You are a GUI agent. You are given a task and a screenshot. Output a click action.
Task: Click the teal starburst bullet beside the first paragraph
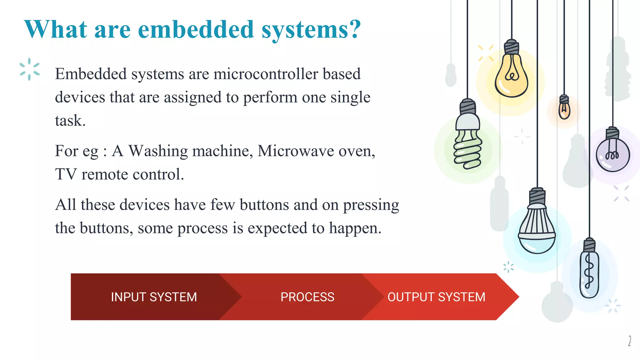[x=29, y=69]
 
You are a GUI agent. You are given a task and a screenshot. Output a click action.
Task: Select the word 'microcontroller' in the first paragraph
[x=266, y=74]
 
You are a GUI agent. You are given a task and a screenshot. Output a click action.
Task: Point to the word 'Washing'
[x=157, y=151]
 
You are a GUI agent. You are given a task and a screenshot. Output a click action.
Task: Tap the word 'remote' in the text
[x=104, y=174]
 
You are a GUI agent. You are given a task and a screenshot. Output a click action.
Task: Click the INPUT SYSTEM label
[x=154, y=297]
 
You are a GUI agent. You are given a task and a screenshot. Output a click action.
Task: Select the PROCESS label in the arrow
[x=307, y=297]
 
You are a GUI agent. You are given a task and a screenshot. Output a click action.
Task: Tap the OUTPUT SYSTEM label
[x=436, y=297]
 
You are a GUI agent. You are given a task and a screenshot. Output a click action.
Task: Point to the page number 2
[x=629, y=341]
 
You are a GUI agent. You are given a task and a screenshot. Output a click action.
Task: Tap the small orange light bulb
[x=564, y=109]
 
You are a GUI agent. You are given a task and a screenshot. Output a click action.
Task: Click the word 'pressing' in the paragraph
[x=371, y=205]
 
